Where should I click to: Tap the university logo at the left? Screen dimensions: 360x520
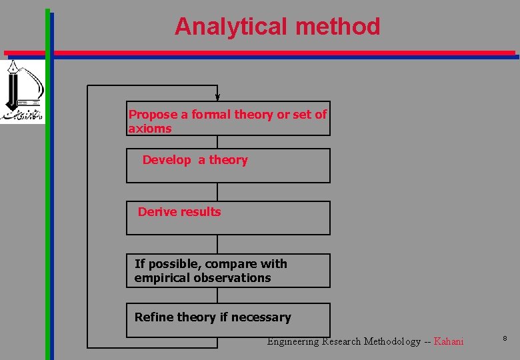21,91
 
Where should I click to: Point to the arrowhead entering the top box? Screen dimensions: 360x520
217,97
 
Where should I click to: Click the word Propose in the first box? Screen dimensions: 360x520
153,115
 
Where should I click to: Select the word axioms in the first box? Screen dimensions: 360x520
150,129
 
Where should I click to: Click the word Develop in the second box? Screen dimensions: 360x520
167,160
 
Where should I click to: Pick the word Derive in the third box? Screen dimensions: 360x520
155,212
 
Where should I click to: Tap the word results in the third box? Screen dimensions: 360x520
199,212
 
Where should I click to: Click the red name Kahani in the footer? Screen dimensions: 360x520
448,341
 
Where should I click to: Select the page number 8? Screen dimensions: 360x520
505,339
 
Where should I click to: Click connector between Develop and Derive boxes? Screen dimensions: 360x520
217,192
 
